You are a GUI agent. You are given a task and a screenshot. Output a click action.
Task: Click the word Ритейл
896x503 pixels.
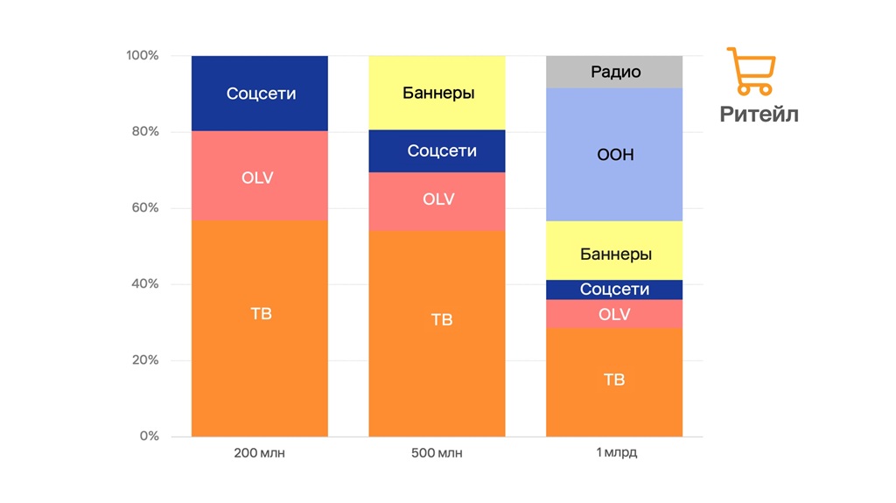[x=759, y=115]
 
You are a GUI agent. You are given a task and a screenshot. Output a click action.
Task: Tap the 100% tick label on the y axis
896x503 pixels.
[x=143, y=56]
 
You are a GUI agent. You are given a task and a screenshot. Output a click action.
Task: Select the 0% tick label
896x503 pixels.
[x=149, y=436]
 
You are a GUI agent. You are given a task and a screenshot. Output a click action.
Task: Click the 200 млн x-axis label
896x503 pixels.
[x=260, y=453]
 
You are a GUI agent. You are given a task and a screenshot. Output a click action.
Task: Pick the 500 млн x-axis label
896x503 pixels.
[x=437, y=453]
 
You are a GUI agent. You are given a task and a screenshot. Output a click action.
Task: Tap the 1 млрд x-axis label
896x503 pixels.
[x=614, y=453]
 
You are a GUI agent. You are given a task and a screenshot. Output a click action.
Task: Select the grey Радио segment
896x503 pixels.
[x=614, y=72]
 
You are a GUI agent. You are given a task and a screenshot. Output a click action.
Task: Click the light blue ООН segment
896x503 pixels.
[x=614, y=155]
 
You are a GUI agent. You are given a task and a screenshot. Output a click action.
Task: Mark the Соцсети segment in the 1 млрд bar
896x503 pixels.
[x=614, y=290]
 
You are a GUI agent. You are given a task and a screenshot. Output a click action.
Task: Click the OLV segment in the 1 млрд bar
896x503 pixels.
[x=614, y=314]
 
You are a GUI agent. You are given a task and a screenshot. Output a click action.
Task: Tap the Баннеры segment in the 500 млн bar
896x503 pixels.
[x=437, y=93]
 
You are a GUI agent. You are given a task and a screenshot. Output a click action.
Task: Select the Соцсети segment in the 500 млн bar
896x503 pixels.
[x=437, y=151]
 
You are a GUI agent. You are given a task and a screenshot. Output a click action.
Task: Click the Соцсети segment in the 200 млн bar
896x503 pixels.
[x=260, y=94]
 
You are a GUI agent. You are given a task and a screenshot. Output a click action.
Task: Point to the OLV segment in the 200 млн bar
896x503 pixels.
[x=260, y=177]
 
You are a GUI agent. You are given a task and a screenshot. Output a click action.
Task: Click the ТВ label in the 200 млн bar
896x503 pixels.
[x=261, y=313]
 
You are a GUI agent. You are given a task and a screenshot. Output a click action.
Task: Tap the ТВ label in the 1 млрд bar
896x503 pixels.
[x=614, y=380]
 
